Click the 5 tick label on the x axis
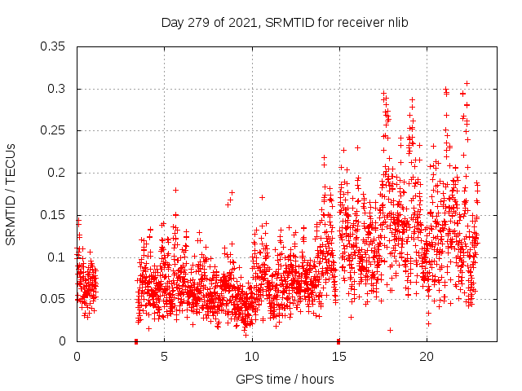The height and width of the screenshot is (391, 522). coord(164,356)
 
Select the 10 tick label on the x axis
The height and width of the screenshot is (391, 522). coord(251,356)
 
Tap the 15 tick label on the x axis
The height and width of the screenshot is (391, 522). coord(338,356)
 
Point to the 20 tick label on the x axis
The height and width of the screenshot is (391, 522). coord(426,356)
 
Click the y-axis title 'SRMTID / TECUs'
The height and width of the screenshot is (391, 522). coord(11,194)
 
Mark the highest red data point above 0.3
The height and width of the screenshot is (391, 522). coord(467,83)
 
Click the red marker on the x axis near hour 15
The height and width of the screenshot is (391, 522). coord(338,340)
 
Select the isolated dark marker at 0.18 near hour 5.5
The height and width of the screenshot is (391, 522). coord(175,190)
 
